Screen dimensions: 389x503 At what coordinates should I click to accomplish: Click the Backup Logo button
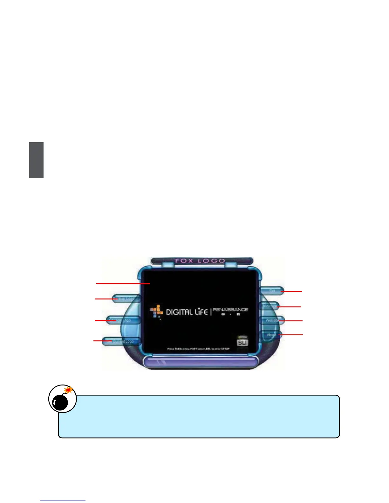126,299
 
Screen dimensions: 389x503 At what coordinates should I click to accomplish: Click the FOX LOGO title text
200,261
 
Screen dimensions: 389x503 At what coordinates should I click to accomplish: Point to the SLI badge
242,342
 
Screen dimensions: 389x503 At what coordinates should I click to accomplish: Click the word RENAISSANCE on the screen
230,309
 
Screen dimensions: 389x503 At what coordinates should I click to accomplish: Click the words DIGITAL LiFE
187,312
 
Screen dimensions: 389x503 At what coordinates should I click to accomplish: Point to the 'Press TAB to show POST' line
198,349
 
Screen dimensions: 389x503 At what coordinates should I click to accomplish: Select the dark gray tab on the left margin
36,160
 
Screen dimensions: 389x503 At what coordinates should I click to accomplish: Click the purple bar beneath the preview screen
200,362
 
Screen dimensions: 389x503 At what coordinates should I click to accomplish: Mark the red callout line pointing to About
291,335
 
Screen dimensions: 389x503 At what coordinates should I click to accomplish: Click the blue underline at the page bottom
63,500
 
